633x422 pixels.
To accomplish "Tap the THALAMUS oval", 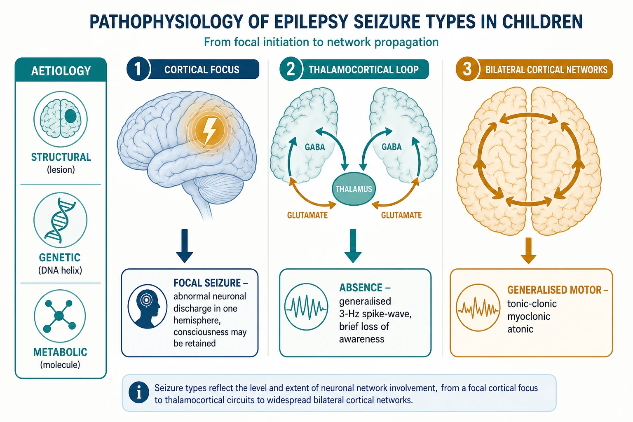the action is (x=354, y=188).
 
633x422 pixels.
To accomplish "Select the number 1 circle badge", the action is (x=138, y=69).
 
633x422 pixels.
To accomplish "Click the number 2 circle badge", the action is (x=291, y=69).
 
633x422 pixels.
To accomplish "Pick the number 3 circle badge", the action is (x=467, y=69).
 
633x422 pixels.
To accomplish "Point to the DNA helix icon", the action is (x=60, y=220).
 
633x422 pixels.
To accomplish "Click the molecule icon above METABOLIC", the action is (x=60, y=316).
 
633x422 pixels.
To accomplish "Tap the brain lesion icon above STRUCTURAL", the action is (x=61, y=119).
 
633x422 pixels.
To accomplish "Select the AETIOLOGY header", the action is (x=61, y=70).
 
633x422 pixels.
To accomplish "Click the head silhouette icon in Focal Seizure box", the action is (x=147, y=306).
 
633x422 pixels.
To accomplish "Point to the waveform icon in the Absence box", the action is (x=306, y=307).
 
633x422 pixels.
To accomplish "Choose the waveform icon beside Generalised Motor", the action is (x=478, y=308).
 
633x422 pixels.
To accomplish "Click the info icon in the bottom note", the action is (x=139, y=393).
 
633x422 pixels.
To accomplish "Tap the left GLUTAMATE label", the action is (x=307, y=216).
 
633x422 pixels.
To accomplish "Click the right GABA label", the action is (x=392, y=147).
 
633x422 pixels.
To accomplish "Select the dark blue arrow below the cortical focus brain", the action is (x=184, y=246).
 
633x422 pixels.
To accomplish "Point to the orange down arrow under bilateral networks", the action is (x=528, y=251).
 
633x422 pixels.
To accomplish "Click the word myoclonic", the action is (x=529, y=316).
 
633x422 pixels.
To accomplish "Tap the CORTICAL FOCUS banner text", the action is (x=202, y=70).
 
